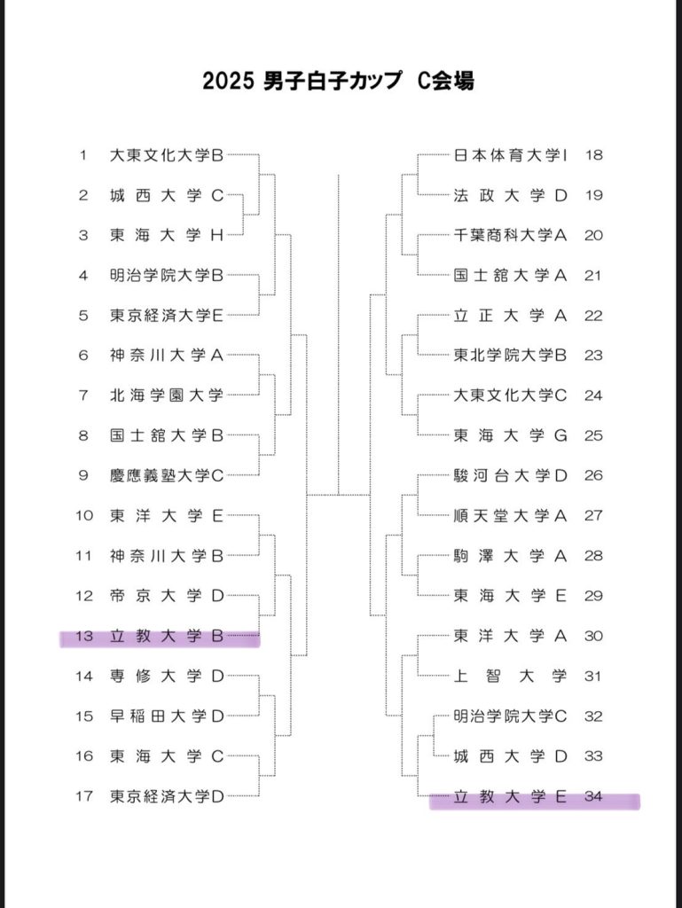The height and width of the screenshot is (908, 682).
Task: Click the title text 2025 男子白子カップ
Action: point(302,81)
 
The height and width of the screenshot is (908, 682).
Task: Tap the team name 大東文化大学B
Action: point(167,155)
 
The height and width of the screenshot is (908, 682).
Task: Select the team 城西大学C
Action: point(167,196)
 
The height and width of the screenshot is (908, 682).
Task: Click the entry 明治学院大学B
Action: point(167,276)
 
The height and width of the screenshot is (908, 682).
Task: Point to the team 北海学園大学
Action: point(167,395)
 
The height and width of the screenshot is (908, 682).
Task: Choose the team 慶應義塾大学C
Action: point(167,475)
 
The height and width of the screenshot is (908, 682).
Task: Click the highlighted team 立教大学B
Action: point(167,636)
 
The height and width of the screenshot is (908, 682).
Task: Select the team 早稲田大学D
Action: point(167,716)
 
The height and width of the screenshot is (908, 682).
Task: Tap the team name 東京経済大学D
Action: point(167,796)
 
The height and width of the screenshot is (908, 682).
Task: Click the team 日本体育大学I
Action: point(510,155)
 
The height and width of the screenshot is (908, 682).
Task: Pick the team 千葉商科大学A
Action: point(510,235)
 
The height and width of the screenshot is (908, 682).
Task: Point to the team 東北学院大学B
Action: point(510,355)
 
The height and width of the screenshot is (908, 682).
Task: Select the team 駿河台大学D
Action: point(510,475)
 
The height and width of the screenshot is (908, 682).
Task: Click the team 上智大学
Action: point(510,676)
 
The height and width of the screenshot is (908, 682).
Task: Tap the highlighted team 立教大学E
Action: point(510,797)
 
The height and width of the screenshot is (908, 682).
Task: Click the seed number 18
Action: point(594,155)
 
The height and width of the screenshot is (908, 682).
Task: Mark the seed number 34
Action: point(593,797)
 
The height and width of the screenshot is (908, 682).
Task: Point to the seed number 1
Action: point(83,155)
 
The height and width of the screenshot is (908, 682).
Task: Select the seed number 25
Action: point(593,435)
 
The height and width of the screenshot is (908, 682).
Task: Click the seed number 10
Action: point(84,515)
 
